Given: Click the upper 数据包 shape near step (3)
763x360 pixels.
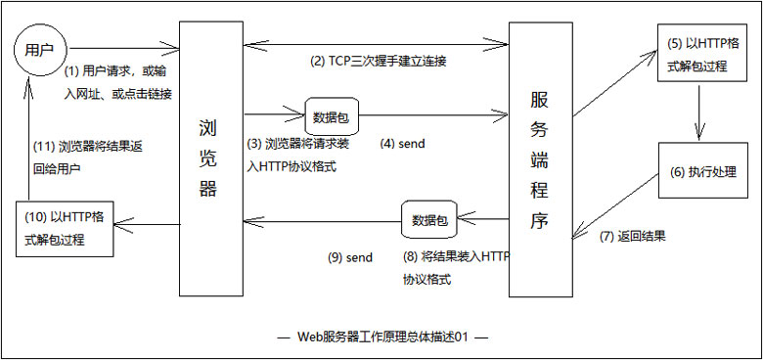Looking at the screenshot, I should (x=329, y=117).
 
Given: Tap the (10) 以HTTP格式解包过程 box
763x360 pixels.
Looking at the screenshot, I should (x=65, y=229).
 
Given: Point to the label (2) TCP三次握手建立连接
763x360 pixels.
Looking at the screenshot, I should (x=378, y=62).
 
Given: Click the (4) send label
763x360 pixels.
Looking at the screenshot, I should (x=402, y=144).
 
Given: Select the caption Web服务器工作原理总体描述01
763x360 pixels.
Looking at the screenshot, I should (x=382, y=337).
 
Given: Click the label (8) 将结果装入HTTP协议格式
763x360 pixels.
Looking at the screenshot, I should (x=455, y=268).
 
